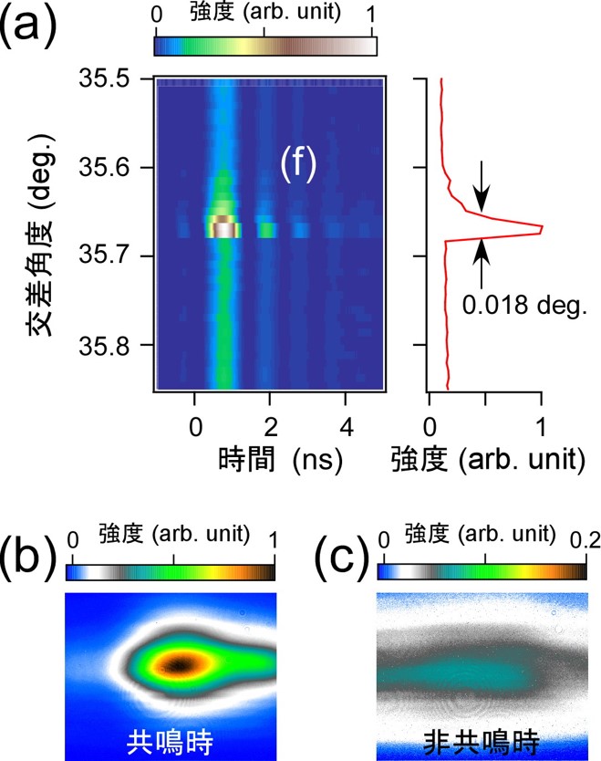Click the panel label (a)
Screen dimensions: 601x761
point(27,26)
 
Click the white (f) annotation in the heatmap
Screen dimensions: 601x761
point(298,164)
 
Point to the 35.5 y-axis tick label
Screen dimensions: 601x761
point(104,78)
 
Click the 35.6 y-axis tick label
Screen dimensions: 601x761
point(104,168)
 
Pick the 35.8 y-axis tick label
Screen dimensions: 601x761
point(104,345)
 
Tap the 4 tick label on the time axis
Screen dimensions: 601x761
point(347,427)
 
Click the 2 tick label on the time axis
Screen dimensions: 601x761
point(271,427)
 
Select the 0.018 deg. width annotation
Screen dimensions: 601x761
point(524,306)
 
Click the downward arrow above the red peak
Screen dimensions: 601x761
point(482,186)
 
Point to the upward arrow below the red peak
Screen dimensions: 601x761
point(482,265)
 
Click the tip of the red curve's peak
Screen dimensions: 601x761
point(542,226)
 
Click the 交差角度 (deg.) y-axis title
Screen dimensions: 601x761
point(41,235)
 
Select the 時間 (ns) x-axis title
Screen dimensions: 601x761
point(280,459)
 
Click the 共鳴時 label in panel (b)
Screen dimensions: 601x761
point(170,742)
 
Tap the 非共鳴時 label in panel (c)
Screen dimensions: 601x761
point(482,742)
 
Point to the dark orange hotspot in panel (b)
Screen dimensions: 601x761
point(180,665)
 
